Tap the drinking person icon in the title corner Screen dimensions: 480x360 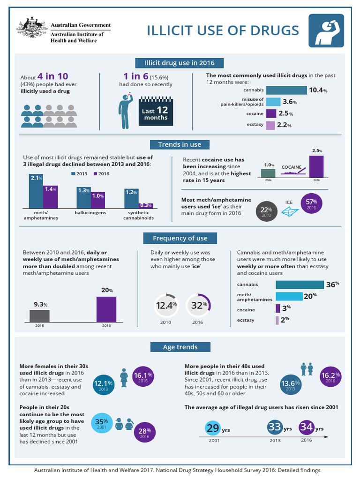tap(324, 30)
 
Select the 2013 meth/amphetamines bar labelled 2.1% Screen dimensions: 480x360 tap(36, 191)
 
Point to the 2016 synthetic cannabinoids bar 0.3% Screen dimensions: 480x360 tap(146, 205)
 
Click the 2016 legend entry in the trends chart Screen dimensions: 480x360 tap(100, 173)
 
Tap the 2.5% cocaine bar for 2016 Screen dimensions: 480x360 tap(316, 167)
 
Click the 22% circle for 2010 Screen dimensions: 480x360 tap(266, 212)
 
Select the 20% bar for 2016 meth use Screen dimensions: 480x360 tap(106, 309)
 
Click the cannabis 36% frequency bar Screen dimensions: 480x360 tap(300, 285)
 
